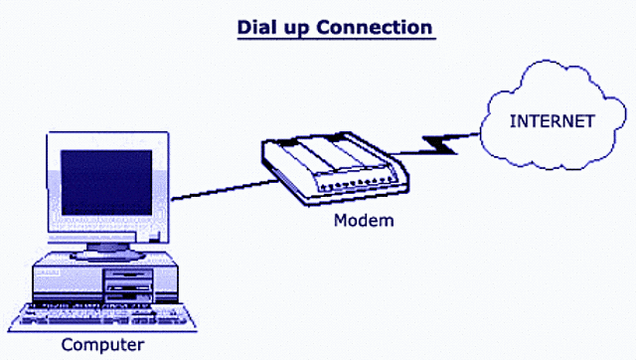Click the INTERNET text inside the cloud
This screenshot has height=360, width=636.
pos(553,121)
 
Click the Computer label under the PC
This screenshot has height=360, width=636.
pos(102,345)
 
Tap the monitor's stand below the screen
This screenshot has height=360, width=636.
pos(104,246)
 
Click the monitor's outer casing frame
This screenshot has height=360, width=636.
pos(54,189)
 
